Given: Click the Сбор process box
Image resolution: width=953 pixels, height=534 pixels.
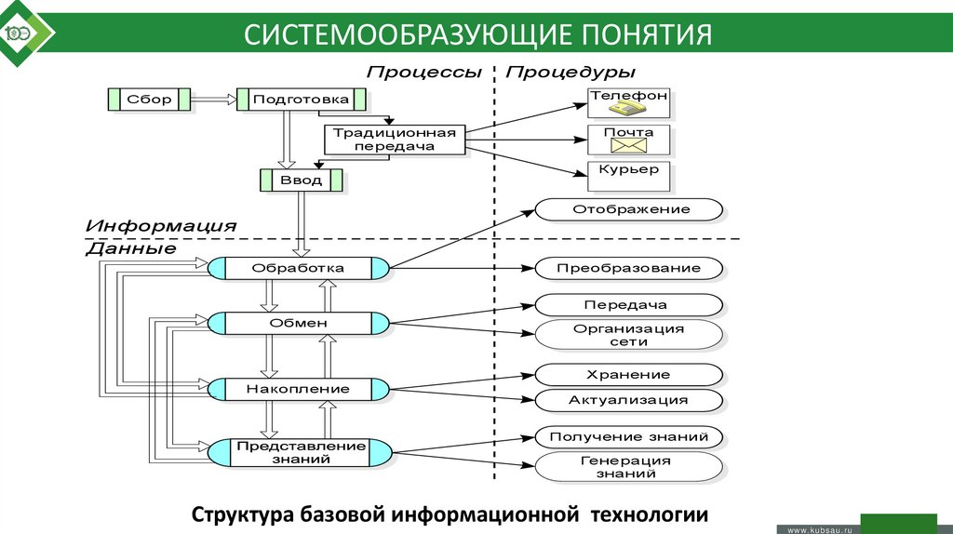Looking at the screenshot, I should click(149, 99).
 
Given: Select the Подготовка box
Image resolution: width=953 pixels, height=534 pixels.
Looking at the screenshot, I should click(301, 99).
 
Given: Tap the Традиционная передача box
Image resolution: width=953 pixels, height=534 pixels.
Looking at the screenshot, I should click(396, 140).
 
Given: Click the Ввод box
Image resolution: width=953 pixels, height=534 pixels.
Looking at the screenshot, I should click(301, 180).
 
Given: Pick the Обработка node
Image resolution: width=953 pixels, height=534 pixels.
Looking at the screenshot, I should click(298, 268).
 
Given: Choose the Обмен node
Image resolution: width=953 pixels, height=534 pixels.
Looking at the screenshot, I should click(298, 323).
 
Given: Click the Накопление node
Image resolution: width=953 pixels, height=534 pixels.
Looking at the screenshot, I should click(298, 388).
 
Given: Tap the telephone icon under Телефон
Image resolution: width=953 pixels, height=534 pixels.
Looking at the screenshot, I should click(627, 111).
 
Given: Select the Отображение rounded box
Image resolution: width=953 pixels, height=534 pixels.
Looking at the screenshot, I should click(631, 209).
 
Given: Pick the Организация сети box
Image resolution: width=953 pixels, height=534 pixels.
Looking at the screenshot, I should click(628, 335).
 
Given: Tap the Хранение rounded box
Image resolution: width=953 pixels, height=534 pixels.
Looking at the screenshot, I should click(628, 375).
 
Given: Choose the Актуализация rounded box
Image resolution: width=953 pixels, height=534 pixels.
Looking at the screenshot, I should click(628, 400).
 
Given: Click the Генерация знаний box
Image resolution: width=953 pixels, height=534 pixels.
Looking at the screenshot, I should click(628, 466).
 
